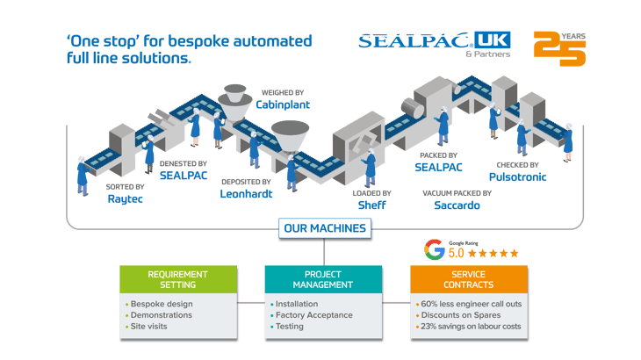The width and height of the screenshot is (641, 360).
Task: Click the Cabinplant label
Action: pyautogui.click(x=283, y=104)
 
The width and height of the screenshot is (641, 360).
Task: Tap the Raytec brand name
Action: pyautogui.click(x=125, y=199)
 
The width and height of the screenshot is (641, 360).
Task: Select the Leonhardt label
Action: pyautogui.click(x=246, y=194)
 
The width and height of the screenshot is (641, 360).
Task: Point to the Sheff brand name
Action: pyautogui.click(x=371, y=205)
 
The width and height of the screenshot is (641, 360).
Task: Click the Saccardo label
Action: pyautogui.click(x=457, y=205)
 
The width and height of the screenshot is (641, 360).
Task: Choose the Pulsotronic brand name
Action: pyautogui.click(x=517, y=177)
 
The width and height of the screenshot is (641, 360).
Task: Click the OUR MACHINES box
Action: pyautogui.click(x=325, y=228)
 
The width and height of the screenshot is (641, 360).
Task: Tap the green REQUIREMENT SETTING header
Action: pyautogui.click(x=178, y=279)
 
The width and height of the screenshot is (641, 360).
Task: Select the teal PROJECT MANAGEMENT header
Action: pyautogui.click(x=323, y=279)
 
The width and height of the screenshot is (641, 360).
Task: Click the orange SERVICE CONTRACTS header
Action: pyautogui.click(x=469, y=279)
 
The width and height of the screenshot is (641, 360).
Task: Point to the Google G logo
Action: pyautogui.click(x=434, y=249)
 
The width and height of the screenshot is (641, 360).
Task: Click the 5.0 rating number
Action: pyautogui.click(x=456, y=254)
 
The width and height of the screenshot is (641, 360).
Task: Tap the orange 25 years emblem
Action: pyautogui.click(x=559, y=48)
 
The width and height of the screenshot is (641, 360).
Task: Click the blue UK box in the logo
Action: pyautogui.click(x=493, y=40)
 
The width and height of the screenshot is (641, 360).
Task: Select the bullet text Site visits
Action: pyautogui.click(x=148, y=327)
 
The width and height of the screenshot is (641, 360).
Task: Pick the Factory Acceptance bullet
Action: pyautogui.click(x=314, y=315)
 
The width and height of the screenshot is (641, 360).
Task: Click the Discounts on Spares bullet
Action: pyautogui.click(x=461, y=315)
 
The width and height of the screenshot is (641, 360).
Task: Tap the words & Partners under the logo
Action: pyautogui.click(x=487, y=54)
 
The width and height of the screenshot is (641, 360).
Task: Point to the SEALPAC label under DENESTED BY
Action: pyautogui.click(x=184, y=176)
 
